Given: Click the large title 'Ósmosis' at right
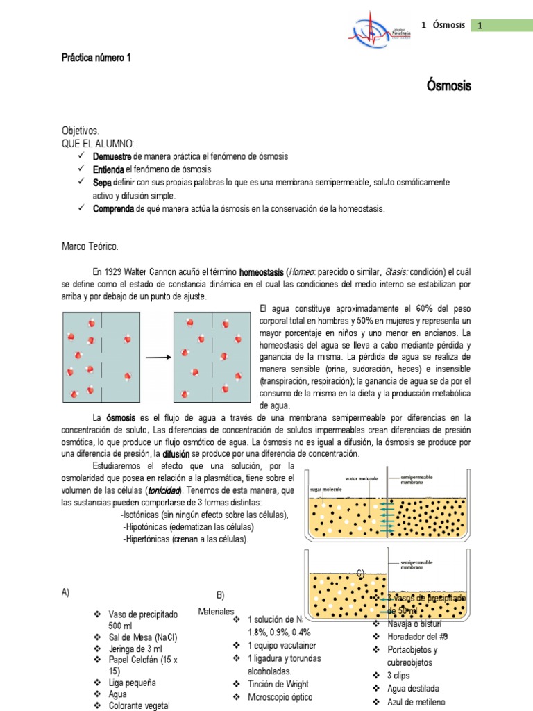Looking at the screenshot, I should point(448,86).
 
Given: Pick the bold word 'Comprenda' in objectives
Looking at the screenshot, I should point(114,208).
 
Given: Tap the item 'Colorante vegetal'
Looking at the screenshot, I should point(139,705).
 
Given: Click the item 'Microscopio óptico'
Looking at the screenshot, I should point(279,697).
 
